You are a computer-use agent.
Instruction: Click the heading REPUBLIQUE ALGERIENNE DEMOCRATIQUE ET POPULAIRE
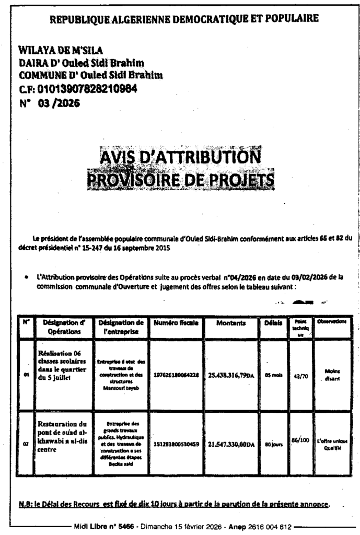183,19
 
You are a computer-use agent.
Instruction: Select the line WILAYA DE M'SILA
61,51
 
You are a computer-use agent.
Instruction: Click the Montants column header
231,323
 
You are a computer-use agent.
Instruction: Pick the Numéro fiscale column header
176,323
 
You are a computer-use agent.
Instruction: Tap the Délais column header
273,323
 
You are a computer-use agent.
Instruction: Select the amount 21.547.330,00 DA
231,445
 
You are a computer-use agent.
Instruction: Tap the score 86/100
300,440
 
